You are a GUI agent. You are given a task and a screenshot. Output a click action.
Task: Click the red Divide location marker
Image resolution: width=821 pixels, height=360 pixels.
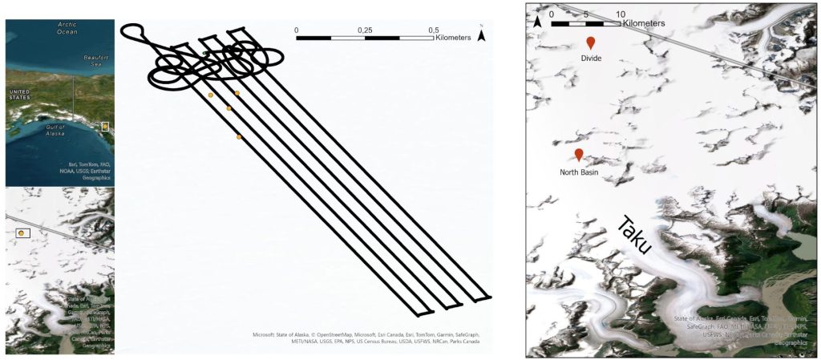click(x=591, y=42)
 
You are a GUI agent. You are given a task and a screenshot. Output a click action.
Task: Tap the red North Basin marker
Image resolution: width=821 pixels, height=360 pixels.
click(x=578, y=155)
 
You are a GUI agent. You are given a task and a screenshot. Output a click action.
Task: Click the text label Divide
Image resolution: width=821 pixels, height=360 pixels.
click(x=591, y=58)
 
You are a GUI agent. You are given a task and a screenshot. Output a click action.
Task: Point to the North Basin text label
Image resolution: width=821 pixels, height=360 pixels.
click(x=578, y=172)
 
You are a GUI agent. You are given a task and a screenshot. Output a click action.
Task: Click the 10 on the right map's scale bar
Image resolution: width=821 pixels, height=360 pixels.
click(x=621, y=14)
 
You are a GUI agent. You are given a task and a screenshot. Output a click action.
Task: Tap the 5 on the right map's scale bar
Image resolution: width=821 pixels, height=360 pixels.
click(x=586, y=14)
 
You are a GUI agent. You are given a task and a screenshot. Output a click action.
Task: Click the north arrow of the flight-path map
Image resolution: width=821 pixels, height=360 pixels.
click(x=481, y=34)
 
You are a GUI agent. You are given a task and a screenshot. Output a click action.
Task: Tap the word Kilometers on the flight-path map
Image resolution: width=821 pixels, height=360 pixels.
click(x=456, y=37)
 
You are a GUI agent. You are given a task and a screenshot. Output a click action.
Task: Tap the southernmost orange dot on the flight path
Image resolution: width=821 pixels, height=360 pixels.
click(x=239, y=138)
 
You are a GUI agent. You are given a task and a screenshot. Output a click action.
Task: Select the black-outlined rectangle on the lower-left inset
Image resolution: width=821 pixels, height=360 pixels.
click(x=22, y=233)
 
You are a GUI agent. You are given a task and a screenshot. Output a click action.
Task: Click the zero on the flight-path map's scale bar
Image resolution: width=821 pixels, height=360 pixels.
click(x=297, y=30)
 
